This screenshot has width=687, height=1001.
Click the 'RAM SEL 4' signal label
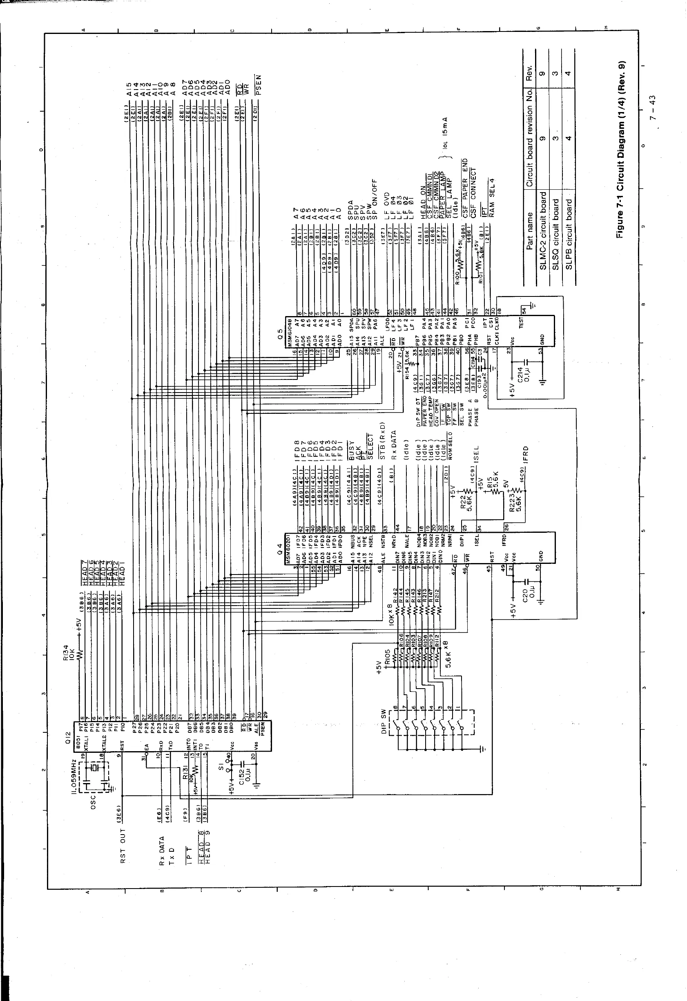[492, 197]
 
